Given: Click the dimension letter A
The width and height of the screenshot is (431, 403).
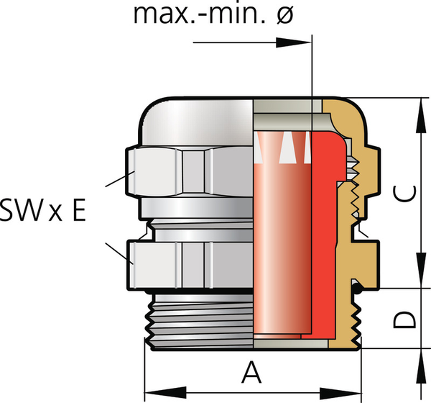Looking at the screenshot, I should tap(250, 373).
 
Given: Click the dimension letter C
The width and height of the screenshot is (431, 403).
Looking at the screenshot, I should tap(406, 194).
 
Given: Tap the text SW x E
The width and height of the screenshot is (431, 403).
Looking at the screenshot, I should tap(43, 210).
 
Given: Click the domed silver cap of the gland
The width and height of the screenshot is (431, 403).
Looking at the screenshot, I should tap(194, 122).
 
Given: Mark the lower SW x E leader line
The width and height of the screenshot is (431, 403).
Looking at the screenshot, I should tap(116, 253).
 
